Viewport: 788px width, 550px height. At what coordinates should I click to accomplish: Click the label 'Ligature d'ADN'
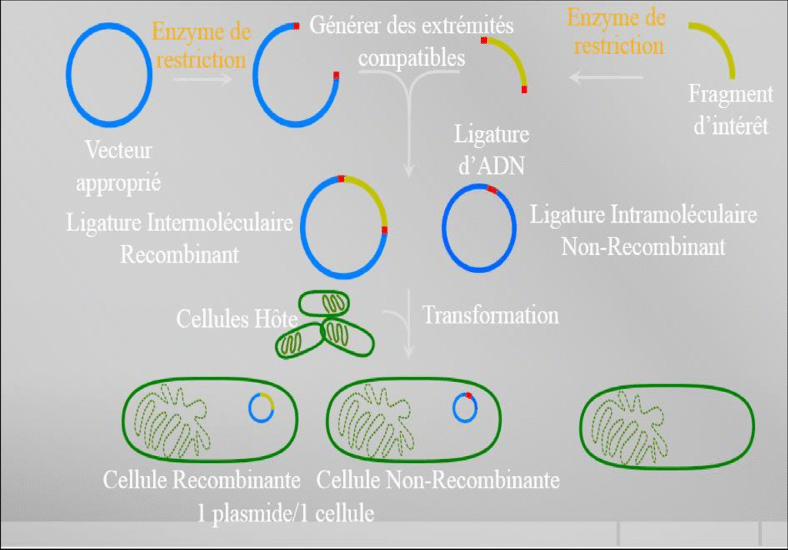(x=491, y=149)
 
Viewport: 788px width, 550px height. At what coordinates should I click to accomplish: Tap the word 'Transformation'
(x=490, y=315)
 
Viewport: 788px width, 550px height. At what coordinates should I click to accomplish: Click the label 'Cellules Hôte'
(x=225, y=318)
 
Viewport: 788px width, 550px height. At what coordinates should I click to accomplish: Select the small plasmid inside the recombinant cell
(x=262, y=407)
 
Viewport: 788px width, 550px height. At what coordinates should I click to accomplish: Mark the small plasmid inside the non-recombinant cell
(x=464, y=407)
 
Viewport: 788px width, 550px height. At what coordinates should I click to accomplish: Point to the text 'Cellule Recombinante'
(x=202, y=481)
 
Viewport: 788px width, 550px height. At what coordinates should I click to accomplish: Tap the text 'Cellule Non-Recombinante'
(x=438, y=481)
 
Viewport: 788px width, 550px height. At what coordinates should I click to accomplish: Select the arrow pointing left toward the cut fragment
(x=606, y=77)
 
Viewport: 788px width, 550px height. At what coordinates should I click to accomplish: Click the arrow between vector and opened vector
(x=202, y=78)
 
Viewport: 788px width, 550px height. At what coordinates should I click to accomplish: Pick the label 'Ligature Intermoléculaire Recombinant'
(x=180, y=238)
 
